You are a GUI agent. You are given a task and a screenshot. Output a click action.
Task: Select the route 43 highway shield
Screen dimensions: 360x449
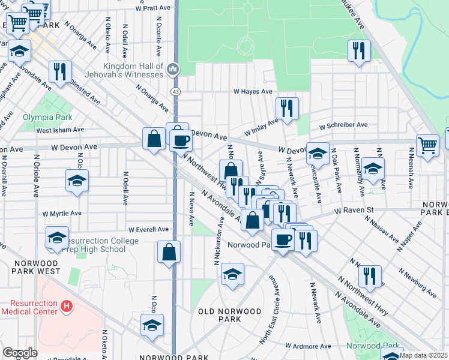175,91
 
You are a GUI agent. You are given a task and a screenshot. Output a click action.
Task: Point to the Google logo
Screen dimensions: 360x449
20,353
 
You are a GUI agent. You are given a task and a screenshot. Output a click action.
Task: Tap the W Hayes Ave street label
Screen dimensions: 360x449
253,92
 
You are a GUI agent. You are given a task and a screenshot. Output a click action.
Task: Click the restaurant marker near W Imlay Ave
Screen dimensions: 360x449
287,109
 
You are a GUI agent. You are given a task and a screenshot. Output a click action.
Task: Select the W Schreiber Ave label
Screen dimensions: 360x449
343,126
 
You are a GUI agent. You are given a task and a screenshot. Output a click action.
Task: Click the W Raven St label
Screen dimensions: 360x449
354,211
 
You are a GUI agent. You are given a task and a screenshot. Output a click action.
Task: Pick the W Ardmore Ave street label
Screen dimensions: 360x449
308,346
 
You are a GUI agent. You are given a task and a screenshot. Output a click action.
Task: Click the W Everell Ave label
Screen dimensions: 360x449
149,229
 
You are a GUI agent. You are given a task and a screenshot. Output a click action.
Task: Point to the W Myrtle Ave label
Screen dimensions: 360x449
62,213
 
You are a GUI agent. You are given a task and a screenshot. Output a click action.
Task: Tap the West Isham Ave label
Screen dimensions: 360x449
60,130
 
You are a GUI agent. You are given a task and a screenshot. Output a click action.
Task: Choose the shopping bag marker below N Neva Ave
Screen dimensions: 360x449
169,252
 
